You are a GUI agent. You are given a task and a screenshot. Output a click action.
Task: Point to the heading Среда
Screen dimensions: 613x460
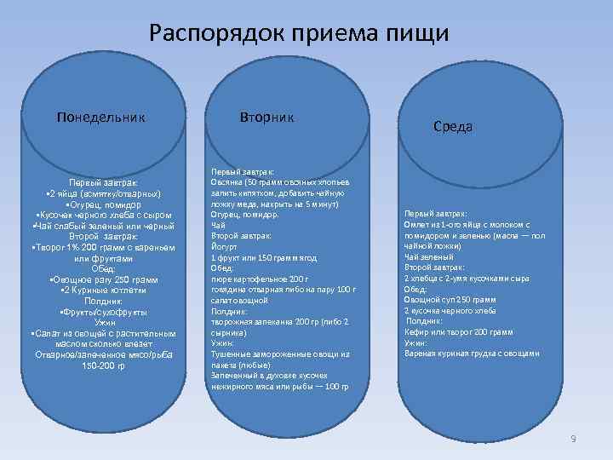(453, 126)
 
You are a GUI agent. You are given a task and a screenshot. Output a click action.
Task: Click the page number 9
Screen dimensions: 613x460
(573, 438)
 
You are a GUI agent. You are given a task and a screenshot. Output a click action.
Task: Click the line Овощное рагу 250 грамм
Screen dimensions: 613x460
(104, 279)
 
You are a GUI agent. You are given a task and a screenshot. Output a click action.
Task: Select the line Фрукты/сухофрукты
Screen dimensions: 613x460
(104, 312)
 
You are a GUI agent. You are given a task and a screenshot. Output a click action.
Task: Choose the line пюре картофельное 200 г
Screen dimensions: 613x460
(255, 279)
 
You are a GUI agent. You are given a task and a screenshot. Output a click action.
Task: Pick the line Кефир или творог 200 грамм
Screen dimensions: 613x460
(458, 332)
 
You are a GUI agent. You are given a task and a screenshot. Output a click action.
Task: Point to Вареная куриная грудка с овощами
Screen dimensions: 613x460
(471, 354)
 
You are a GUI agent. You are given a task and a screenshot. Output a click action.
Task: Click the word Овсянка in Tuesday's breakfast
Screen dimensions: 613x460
(226, 182)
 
